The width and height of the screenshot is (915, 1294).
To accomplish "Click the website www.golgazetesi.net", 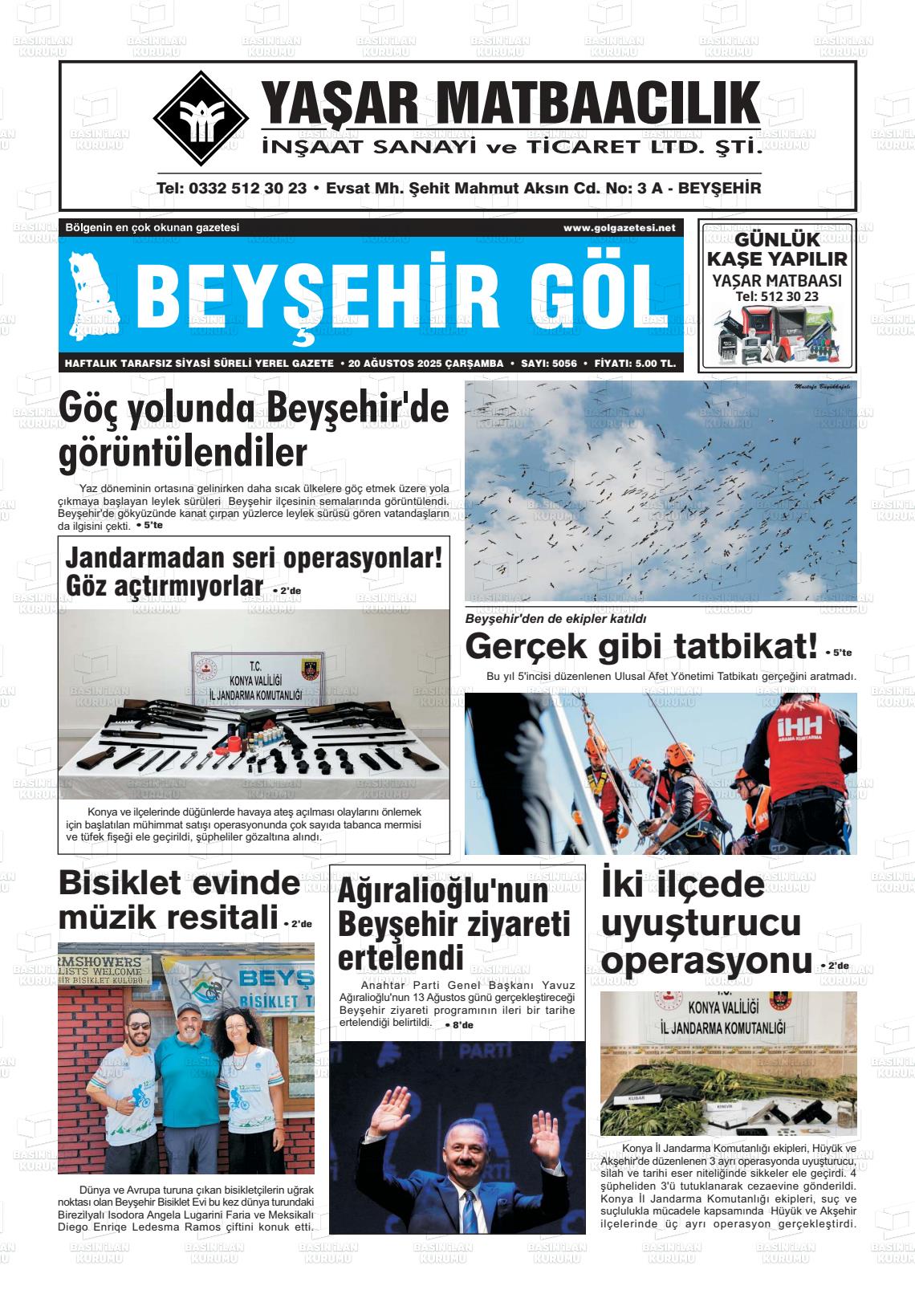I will (619, 228).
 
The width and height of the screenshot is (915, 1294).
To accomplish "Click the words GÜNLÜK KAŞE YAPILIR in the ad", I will (777, 249).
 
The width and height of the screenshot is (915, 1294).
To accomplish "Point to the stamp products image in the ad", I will (776, 336).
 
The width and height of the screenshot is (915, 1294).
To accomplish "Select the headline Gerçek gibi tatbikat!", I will (641, 645).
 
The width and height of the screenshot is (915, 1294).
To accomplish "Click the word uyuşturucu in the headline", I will (701, 922).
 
